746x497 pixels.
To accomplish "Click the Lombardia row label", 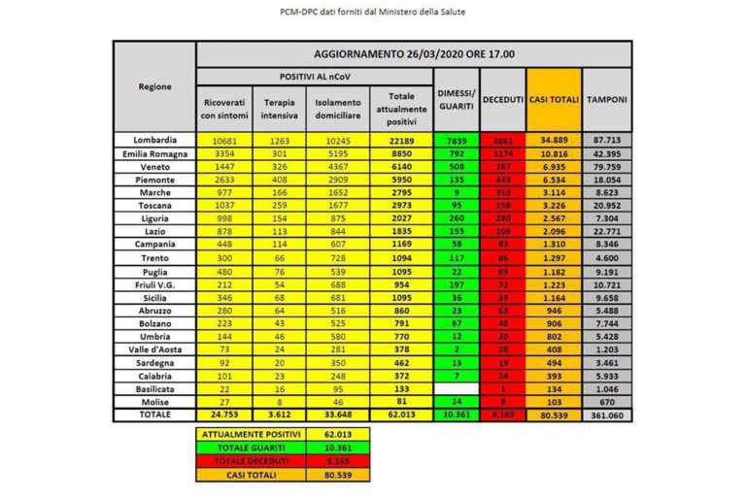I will pyautogui.click(x=155, y=141).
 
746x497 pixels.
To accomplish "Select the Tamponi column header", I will pyautogui.click(x=607, y=100).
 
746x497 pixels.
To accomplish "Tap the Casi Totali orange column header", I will pyautogui.click(x=555, y=100).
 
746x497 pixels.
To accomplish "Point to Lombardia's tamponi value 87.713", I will pyautogui.click(x=607, y=141).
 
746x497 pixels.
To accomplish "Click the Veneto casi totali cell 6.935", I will pyautogui.click(x=555, y=167).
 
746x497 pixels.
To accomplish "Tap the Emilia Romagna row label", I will pyautogui.click(x=155, y=153).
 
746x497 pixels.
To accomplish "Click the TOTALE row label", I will pyautogui.click(x=155, y=412).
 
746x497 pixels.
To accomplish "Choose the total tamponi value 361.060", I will pyautogui.click(x=607, y=412).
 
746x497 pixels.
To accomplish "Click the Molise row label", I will pyautogui.click(x=155, y=399).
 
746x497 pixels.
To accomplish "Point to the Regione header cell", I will pyautogui.click(x=155, y=85).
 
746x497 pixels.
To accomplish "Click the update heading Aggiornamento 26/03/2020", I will pyautogui.click(x=414, y=54).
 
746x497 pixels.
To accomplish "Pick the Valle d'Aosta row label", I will pyautogui.click(x=155, y=347).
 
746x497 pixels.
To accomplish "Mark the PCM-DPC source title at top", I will pyautogui.click(x=373, y=13).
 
